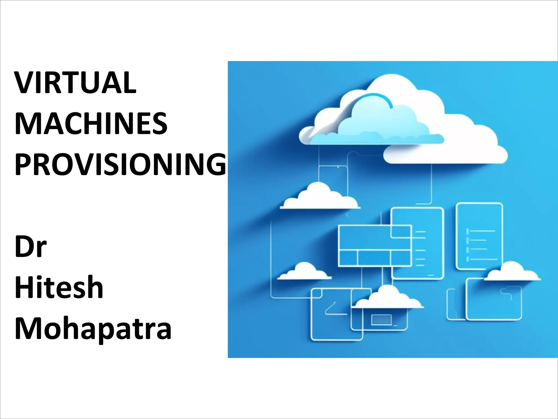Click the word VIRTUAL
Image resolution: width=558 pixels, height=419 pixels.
(x=75, y=83)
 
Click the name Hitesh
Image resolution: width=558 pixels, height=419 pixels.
(x=59, y=287)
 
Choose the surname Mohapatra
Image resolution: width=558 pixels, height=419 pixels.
(x=93, y=329)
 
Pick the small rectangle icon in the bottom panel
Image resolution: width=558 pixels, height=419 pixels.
(x=381, y=320)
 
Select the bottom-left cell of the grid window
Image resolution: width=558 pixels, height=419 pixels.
(x=348, y=258)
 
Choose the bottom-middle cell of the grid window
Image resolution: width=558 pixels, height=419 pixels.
(x=374, y=258)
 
